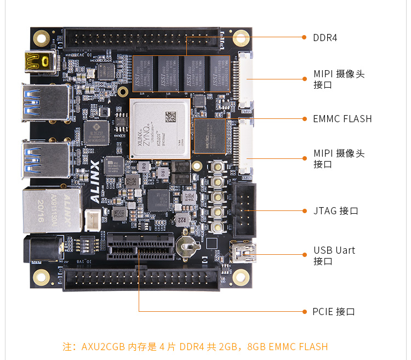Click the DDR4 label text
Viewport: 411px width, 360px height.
coord(324,38)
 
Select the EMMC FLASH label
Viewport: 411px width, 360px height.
coord(342,118)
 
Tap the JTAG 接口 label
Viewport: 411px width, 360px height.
coord(335,210)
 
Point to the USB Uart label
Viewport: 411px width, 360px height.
coord(334,250)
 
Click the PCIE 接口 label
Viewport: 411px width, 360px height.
coord(334,312)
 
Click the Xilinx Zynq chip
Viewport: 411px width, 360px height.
coord(159,128)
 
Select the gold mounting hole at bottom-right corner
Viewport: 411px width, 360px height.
coord(240,277)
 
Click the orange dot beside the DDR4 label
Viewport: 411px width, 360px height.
coord(304,37)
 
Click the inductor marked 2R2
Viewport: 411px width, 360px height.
coord(185,219)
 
